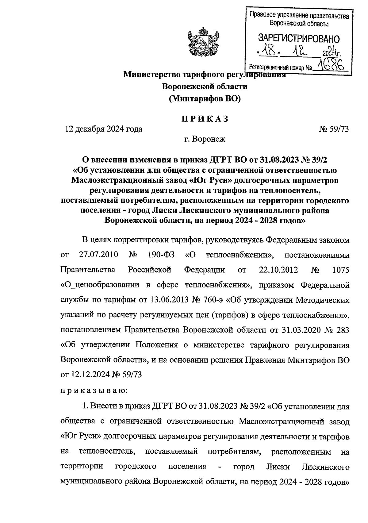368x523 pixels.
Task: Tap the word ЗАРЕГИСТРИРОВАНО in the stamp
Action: [x=299, y=39]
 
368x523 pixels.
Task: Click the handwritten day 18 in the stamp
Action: [x=269, y=50]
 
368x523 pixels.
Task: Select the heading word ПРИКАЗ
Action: [x=205, y=119]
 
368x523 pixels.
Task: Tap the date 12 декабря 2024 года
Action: [x=103, y=129]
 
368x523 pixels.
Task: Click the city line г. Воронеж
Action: [x=205, y=139]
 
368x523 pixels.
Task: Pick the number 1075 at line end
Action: [x=341, y=270]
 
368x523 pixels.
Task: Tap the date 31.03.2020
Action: [x=299, y=330]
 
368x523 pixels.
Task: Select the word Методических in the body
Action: [x=322, y=300]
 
